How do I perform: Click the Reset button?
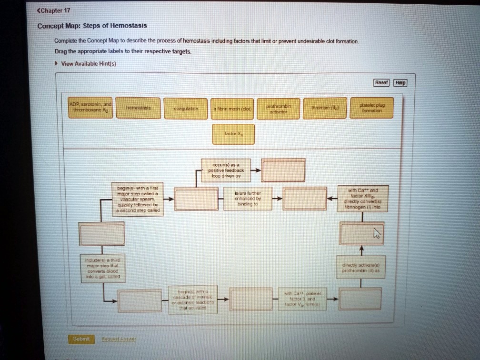pos(381,82)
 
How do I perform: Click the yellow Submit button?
pos(81,339)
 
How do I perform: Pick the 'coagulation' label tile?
pos(186,109)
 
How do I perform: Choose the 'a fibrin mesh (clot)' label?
pos(232,109)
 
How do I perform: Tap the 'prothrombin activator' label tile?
pos(278,109)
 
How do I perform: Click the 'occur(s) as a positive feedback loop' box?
pos(224,170)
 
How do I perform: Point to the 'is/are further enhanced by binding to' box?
pos(248,199)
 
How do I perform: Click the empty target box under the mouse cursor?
pos(361,233)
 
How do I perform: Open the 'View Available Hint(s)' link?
pos(88,63)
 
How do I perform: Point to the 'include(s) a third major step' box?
pos(102,269)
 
